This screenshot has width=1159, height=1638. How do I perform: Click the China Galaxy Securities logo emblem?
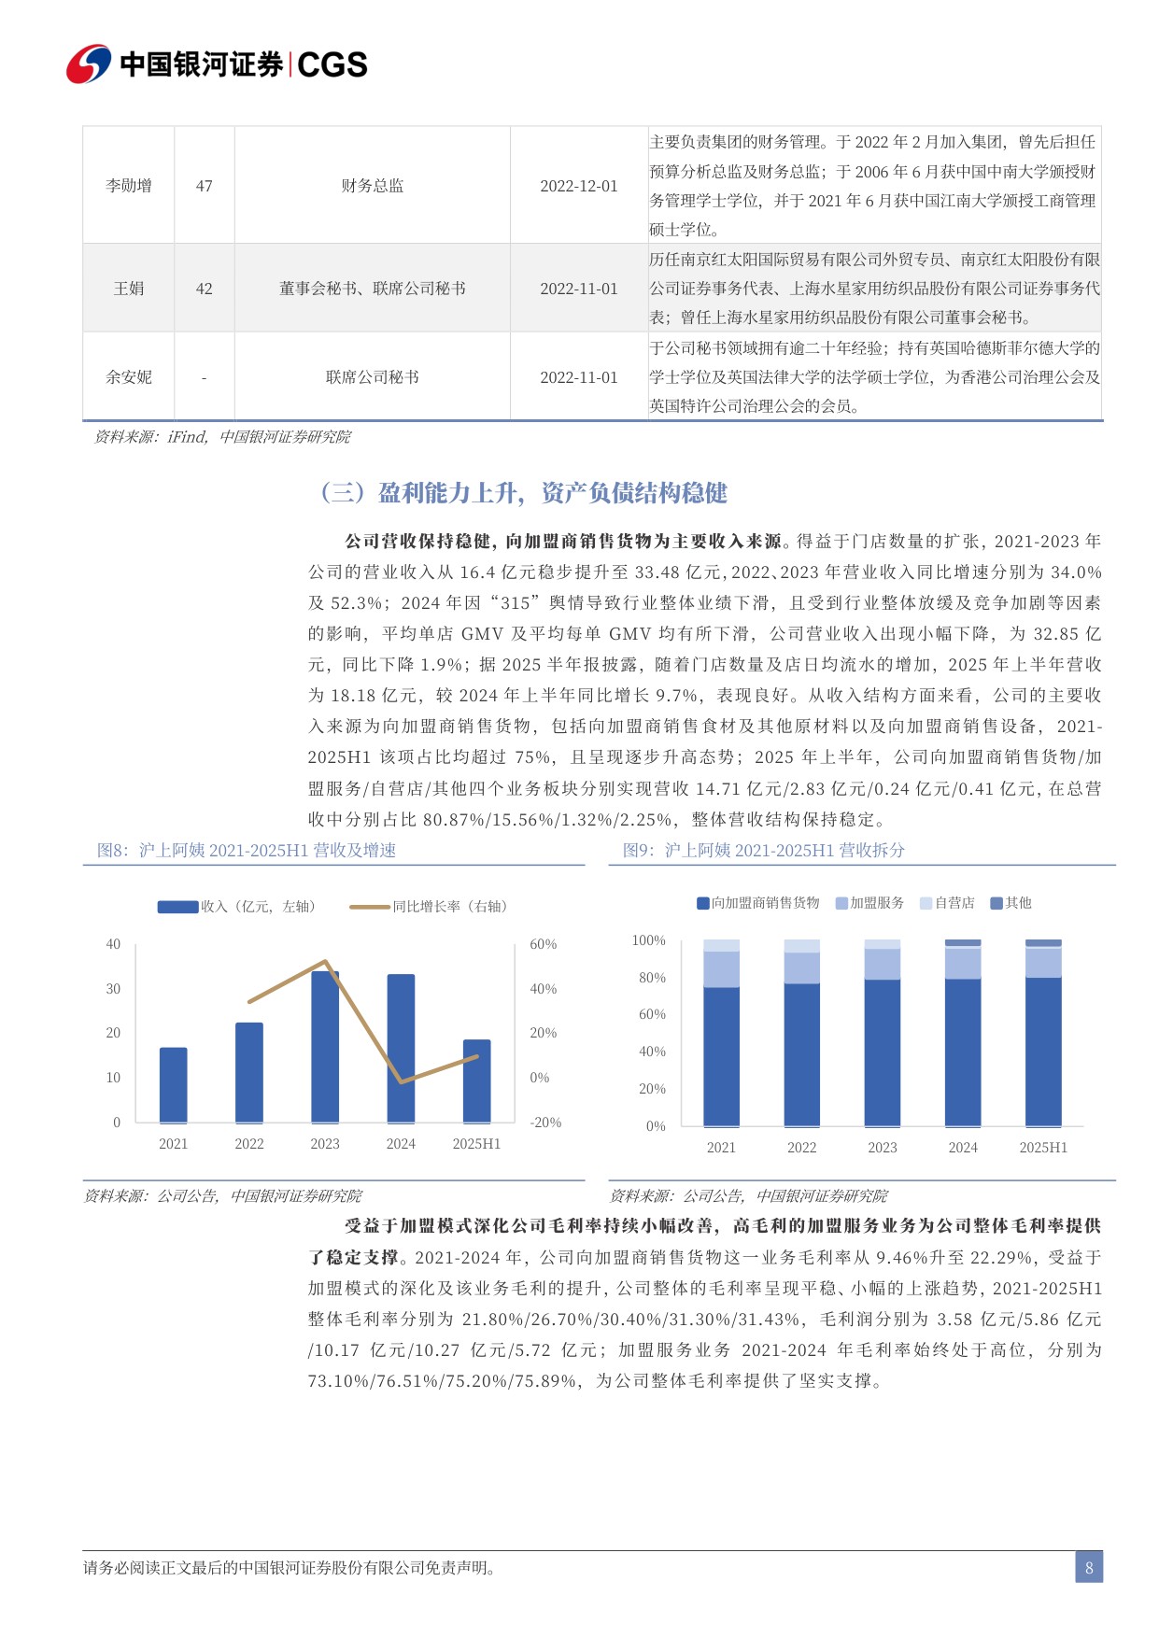89,64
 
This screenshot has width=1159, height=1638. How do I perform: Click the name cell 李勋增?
129,186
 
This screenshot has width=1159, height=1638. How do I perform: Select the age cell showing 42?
204,289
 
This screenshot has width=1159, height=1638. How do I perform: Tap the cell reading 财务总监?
372,186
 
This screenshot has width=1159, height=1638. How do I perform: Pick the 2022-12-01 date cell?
578,186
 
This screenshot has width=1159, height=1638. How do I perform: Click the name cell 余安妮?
129,377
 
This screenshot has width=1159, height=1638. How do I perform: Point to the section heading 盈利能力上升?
523,493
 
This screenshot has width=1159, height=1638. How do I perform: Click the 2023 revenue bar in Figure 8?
325,1046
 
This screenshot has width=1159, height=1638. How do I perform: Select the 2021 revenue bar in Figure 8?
174,1084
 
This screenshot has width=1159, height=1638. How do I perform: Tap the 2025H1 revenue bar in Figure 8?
476,1080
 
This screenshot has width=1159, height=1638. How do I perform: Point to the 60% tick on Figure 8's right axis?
543,944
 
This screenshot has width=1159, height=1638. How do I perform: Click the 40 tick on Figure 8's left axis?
113,944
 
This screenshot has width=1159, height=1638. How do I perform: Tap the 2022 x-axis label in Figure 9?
801,1148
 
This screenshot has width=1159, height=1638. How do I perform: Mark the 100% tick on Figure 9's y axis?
648,940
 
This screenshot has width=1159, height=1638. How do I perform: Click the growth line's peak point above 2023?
325,961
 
